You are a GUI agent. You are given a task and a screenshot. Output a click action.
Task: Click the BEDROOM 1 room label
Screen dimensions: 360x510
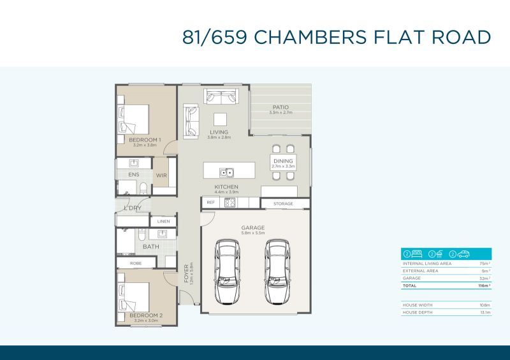(145, 140)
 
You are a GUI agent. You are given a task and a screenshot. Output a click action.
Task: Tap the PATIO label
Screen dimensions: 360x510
(280, 107)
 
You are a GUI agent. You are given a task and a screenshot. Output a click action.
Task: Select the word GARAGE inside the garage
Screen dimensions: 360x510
(253, 227)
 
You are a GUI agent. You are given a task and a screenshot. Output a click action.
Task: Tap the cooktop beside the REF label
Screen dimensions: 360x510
(228, 203)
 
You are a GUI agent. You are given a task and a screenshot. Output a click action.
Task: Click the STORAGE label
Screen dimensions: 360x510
(284, 204)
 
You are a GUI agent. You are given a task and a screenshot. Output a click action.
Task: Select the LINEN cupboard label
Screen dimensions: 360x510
(163, 221)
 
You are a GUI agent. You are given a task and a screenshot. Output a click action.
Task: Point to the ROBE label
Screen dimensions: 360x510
(136, 262)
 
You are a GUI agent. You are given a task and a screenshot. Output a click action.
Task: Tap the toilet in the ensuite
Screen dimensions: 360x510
(143, 188)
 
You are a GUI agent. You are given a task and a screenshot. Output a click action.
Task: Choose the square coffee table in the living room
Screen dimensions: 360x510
(219, 119)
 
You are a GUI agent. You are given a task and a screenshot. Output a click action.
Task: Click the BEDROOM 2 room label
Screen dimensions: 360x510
(146, 315)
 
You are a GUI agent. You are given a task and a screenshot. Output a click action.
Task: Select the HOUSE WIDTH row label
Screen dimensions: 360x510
(419, 305)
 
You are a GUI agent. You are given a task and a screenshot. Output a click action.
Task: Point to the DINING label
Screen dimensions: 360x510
(283, 161)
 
